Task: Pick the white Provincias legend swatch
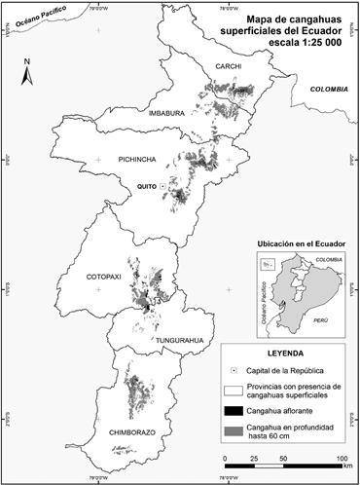point(236,392)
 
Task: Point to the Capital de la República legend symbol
point(236,372)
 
